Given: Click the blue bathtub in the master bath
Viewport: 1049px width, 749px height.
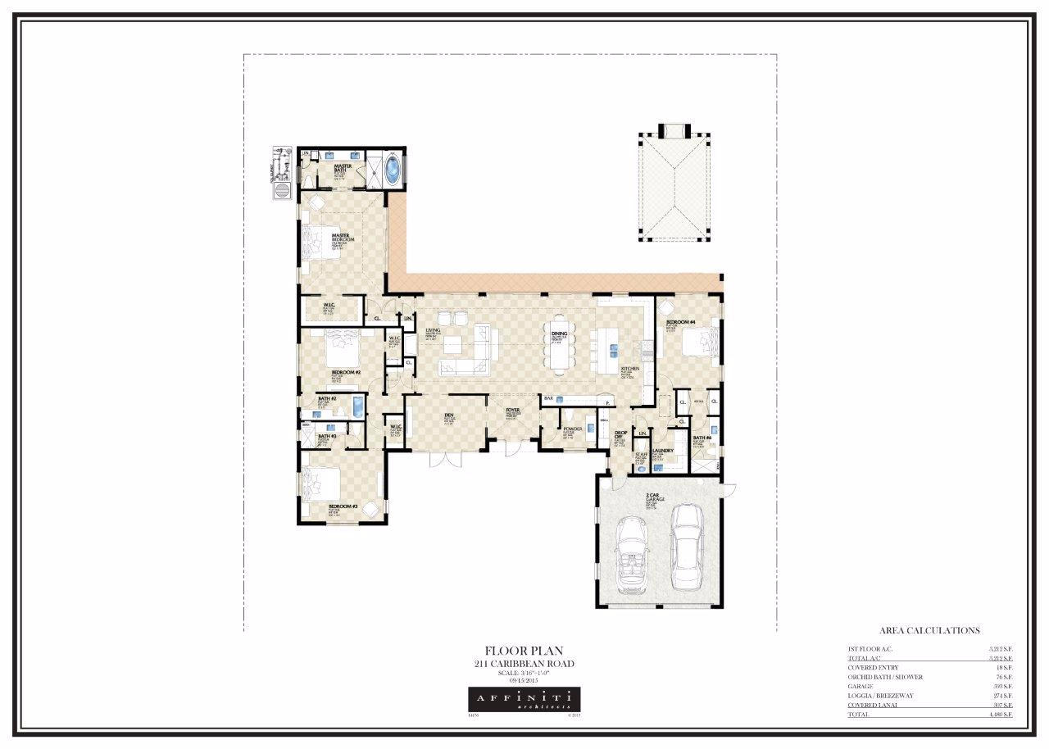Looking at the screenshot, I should [394, 170].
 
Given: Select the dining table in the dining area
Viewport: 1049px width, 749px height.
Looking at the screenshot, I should [560, 345].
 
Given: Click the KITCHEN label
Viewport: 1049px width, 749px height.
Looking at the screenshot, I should [629, 370].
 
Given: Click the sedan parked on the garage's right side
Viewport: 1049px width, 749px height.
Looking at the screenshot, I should [685, 547].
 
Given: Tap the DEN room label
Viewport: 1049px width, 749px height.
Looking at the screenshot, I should [449, 416].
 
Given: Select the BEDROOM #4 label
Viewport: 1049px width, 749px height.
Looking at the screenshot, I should [680, 322].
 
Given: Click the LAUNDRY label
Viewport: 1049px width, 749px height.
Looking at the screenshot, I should [663, 451].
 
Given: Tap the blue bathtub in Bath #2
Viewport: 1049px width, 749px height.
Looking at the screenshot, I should [357, 406].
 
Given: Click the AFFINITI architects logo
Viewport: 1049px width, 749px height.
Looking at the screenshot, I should [524, 699].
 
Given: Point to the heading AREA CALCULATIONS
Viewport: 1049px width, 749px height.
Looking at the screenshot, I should [929, 631].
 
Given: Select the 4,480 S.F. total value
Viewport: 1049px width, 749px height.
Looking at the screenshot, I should [1001, 715].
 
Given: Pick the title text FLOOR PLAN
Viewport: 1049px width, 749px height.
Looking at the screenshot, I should [524, 651].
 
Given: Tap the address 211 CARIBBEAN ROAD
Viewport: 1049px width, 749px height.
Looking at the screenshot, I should [524, 664].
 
